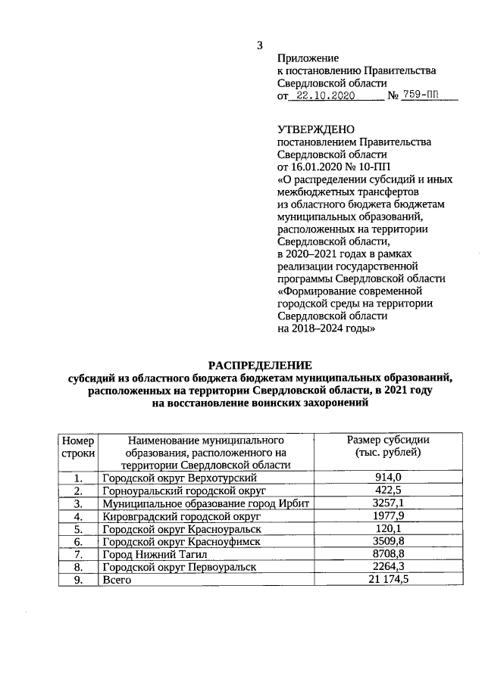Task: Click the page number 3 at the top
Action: pyautogui.click(x=260, y=45)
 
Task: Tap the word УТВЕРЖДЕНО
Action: pyautogui.click(x=316, y=130)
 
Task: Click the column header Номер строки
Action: pyautogui.click(x=79, y=446)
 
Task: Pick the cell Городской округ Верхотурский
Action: pyautogui.click(x=180, y=478)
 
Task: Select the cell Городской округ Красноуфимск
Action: pyautogui.click(x=182, y=541)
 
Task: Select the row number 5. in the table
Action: pyautogui.click(x=78, y=528)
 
